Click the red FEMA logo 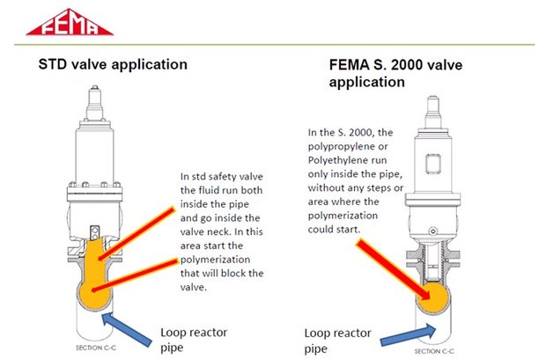click(x=70, y=23)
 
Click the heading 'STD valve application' click(x=113, y=64)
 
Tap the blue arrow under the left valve click(x=127, y=328)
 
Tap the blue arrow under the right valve click(x=408, y=335)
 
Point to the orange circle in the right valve click(x=432, y=297)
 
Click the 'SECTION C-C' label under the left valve click(x=96, y=348)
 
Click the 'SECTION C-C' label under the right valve click(x=434, y=351)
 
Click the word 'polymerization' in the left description click(x=215, y=260)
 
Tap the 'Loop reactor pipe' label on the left click(x=194, y=340)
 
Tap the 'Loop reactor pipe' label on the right click(x=337, y=341)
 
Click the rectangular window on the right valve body click(x=432, y=164)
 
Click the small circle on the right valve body click(x=432, y=231)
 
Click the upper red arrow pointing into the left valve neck click(x=136, y=234)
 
